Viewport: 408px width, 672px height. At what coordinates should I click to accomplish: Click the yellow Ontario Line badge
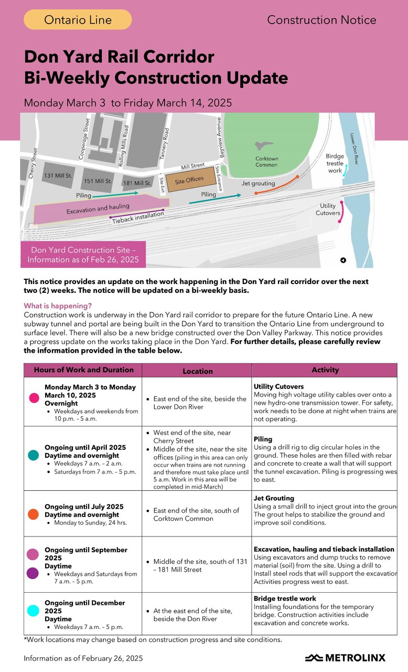click(x=78, y=20)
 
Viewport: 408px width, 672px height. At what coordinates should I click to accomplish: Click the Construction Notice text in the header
click(x=321, y=20)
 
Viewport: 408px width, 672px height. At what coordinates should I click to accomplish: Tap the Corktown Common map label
click(x=266, y=162)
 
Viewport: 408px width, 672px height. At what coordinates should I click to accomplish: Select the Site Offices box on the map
click(x=189, y=180)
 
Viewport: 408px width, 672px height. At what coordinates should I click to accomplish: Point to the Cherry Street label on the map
click(x=32, y=163)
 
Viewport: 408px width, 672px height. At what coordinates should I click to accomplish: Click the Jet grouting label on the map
click(x=258, y=184)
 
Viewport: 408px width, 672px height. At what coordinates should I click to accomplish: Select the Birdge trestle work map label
click(x=335, y=163)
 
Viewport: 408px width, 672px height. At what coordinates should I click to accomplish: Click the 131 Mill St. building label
click(x=58, y=175)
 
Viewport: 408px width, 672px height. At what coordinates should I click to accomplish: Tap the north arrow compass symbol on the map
click(x=343, y=260)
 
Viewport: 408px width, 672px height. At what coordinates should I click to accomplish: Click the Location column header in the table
click(x=197, y=371)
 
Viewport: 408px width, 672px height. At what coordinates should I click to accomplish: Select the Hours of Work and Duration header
click(x=83, y=370)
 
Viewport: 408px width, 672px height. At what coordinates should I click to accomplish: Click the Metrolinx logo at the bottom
click(x=345, y=658)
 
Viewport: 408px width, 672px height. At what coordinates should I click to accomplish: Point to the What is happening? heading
click(x=58, y=306)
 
